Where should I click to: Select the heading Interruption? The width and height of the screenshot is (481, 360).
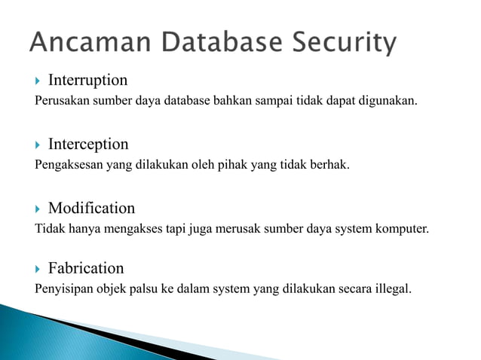87,80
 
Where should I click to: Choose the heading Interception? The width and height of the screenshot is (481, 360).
88,144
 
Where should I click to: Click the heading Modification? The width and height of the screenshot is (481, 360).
91,208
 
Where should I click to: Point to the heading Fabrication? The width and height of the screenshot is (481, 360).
86,268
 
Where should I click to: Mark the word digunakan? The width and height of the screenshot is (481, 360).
387,101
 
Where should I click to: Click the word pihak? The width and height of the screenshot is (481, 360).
234,164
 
